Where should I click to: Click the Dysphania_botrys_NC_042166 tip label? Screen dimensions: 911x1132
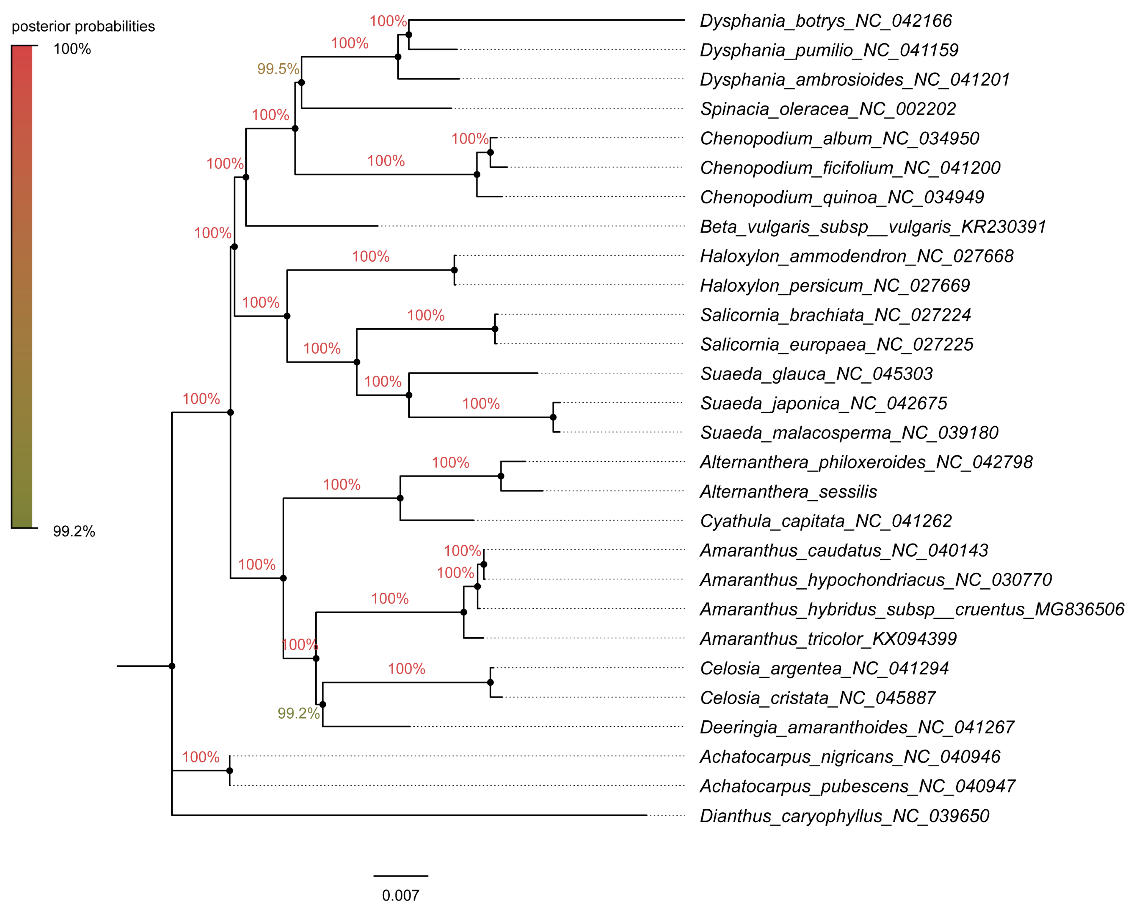(x=825, y=21)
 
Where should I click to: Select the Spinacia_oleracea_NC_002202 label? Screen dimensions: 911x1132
(x=828, y=109)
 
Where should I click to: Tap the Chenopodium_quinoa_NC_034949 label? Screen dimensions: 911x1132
(x=842, y=197)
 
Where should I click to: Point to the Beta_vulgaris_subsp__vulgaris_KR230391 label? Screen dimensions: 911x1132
(x=873, y=227)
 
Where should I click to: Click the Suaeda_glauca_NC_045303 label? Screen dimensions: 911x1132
(x=816, y=374)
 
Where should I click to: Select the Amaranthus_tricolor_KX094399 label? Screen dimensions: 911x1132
(x=828, y=639)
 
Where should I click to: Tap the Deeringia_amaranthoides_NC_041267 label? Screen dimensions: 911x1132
(x=856, y=727)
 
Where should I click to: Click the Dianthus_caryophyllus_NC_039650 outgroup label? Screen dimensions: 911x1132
(x=844, y=816)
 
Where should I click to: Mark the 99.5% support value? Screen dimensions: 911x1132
(x=278, y=69)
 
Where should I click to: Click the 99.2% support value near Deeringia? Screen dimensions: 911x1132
(x=298, y=713)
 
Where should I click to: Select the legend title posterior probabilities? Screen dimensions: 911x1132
(x=83, y=26)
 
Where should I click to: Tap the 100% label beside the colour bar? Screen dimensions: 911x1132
(x=72, y=49)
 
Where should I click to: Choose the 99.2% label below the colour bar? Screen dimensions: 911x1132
(x=73, y=532)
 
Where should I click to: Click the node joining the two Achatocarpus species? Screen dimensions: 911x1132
(x=230, y=771)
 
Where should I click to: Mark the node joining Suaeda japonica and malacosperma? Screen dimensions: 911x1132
(x=553, y=417)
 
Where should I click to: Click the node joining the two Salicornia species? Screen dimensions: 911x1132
(x=495, y=329)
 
